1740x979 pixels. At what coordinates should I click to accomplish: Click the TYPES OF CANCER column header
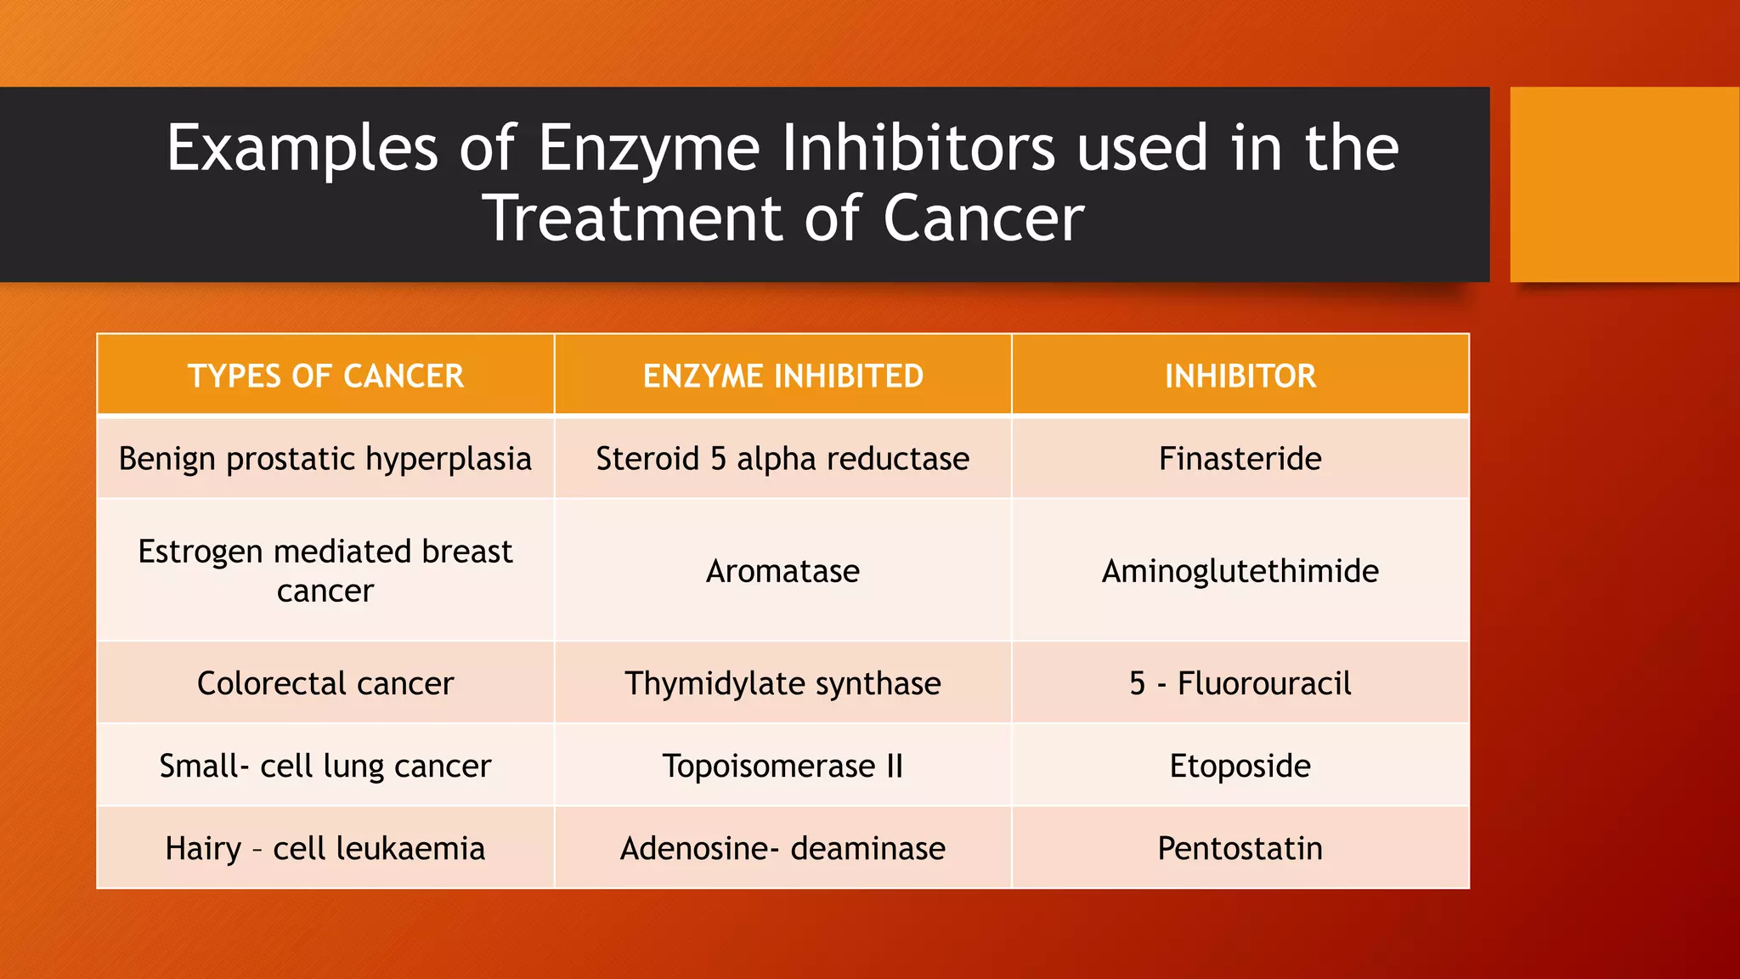(325, 376)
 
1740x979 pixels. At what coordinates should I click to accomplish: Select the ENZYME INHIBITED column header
(782, 376)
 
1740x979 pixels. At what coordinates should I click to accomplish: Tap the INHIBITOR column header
(1240, 376)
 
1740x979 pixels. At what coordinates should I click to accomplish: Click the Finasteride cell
(1240, 459)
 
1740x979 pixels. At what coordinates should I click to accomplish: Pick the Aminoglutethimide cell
(1240, 571)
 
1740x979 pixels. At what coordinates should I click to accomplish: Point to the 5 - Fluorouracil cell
(1240, 683)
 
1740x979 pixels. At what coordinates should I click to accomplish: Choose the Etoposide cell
(1240, 766)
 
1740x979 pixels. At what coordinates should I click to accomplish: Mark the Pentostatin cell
(1240, 848)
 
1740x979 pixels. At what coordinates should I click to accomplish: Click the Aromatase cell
(782, 571)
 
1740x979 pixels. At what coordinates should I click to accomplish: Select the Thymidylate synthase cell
(782, 683)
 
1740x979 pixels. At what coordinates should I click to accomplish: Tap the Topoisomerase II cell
(782, 766)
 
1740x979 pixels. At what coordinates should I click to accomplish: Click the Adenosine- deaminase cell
(782, 848)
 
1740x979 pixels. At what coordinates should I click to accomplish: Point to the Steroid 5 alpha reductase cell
(782, 459)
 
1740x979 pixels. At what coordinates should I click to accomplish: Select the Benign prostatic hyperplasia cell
(325, 459)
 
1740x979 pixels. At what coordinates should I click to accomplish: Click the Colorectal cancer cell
(325, 683)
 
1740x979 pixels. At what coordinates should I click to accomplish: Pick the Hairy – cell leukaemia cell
(325, 848)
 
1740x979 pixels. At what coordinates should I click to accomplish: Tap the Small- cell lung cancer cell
(325, 766)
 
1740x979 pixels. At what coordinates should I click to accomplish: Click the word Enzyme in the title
(648, 150)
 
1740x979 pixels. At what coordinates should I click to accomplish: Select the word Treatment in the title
(634, 219)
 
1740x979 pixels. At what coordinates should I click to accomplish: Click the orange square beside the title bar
(1624, 184)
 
